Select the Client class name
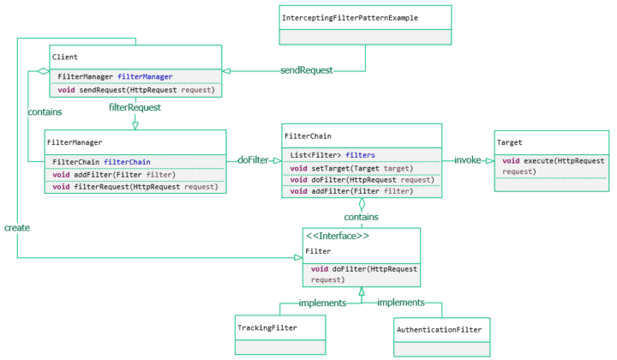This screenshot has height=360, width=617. [x=65, y=57]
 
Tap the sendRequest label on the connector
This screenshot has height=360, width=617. [x=306, y=69]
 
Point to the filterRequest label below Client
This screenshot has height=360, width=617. [x=135, y=108]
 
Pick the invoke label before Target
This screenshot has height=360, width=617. [x=468, y=160]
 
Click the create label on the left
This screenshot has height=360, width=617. [x=17, y=228]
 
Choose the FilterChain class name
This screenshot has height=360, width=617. [x=307, y=135]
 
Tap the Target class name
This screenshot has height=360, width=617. [x=509, y=142]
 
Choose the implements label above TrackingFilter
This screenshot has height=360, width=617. [x=321, y=303]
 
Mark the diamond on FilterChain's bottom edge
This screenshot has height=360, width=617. [x=362, y=204]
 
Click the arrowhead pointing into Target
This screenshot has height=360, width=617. [x=489, y=160]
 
